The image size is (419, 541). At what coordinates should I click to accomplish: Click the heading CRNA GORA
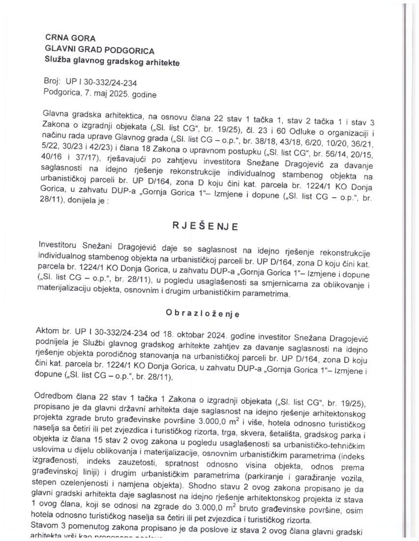pyautogui.click(x=70, y=38)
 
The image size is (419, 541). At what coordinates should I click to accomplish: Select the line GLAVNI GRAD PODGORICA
pyautogui.click(x=100, y=50)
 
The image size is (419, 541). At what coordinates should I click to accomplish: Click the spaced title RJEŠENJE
pyautogui.click(x=205, y=226)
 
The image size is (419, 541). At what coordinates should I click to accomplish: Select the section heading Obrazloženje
pyautogui.click(x=203, y=314)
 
